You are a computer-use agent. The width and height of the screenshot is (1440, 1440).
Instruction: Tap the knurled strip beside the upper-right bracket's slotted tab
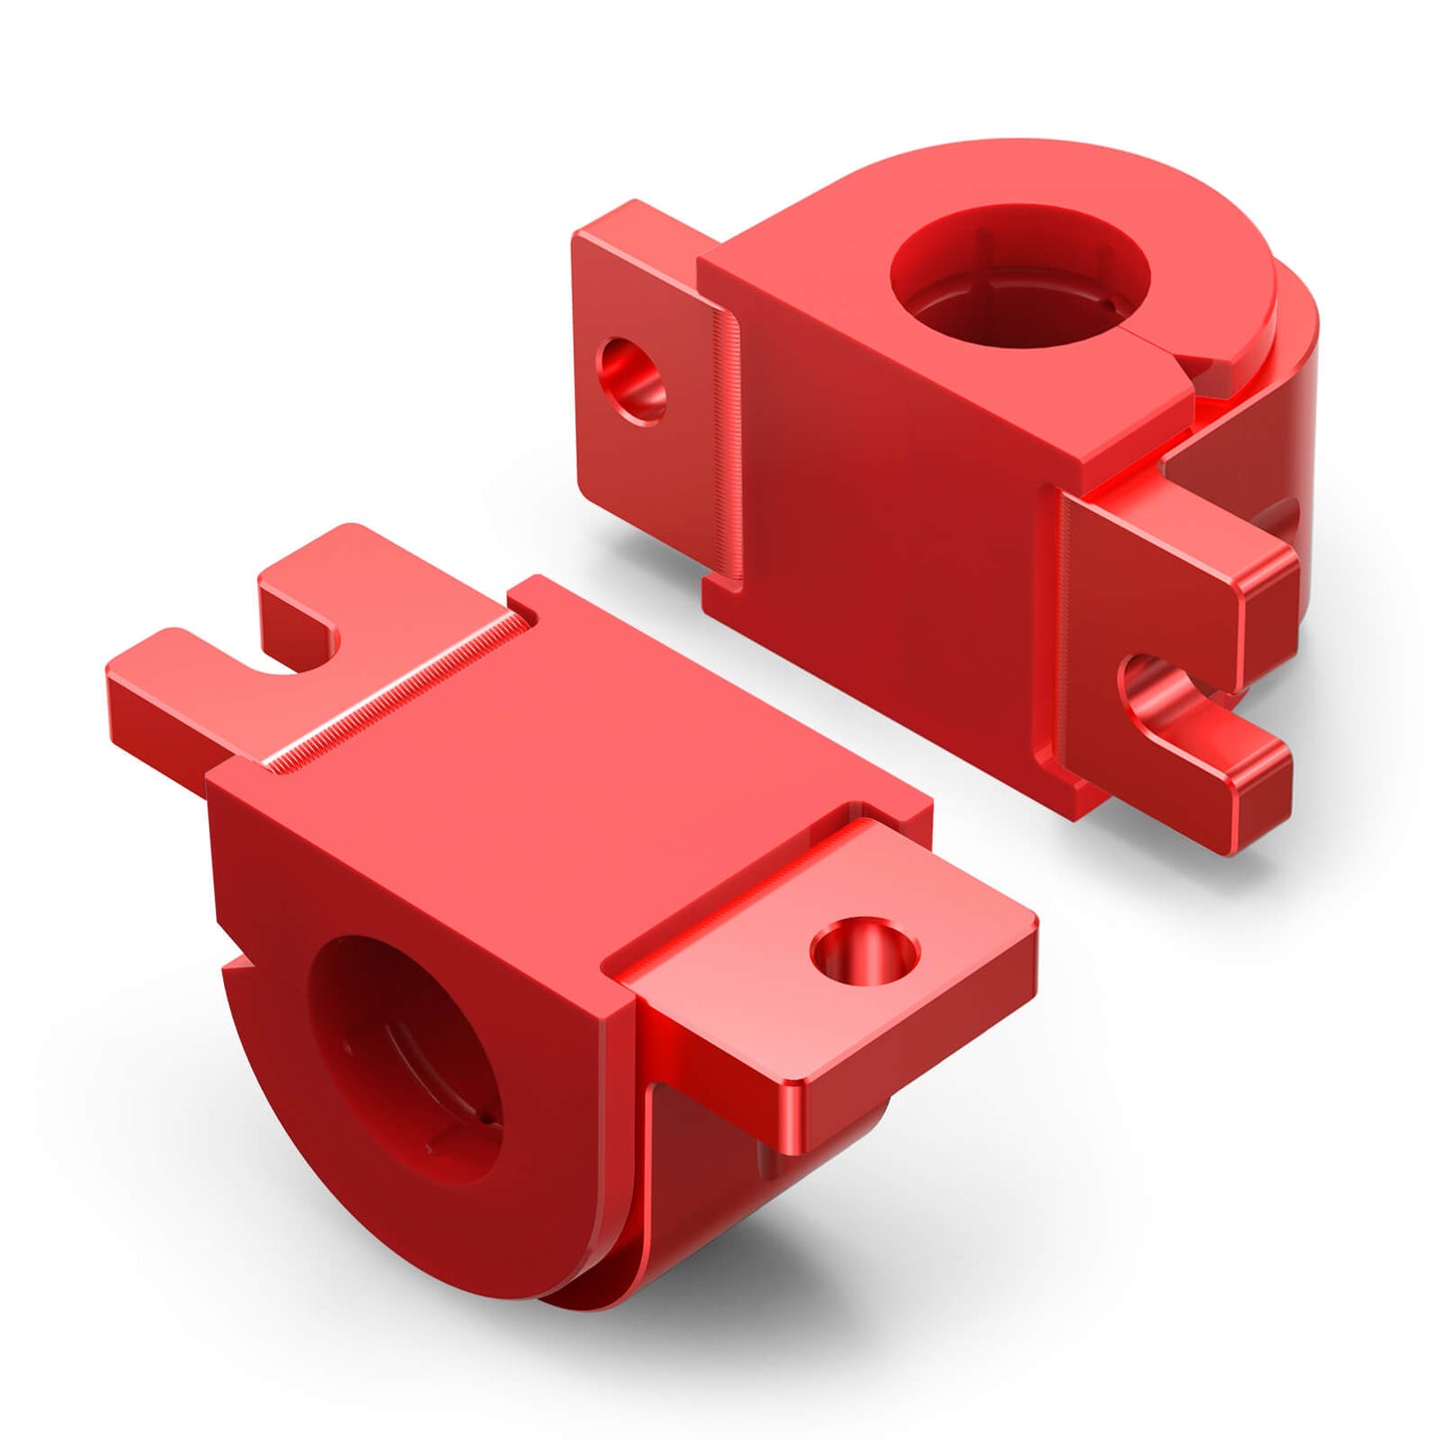tap(1066, 638)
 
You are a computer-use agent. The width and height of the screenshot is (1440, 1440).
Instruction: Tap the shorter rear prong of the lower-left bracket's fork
tap(299, 598)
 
